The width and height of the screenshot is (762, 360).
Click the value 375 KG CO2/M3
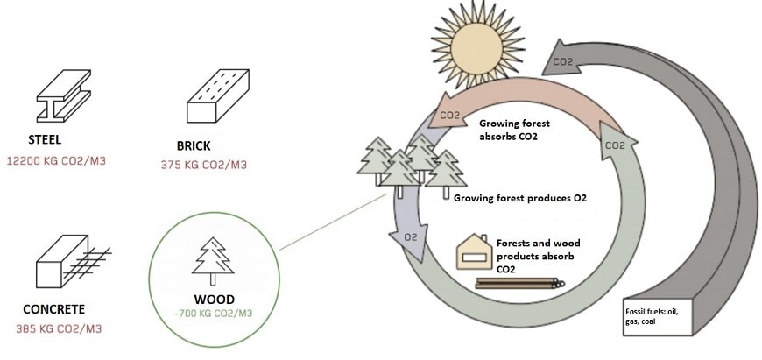click(x=204, y=164)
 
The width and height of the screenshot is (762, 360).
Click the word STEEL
click(x=47, y=140)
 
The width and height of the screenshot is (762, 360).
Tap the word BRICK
click(x=194, y=145)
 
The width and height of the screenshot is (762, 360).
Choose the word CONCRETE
click(x=54, y=309)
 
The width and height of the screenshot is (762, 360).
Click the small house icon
click(x=472, y=251)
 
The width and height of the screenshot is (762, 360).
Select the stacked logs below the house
click(x=519, y=283)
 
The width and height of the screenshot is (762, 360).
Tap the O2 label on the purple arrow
click(x=408, y=236)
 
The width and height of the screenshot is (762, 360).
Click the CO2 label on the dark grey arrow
click(x=562, y=61)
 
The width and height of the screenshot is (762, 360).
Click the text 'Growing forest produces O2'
click(x=519, y=199)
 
